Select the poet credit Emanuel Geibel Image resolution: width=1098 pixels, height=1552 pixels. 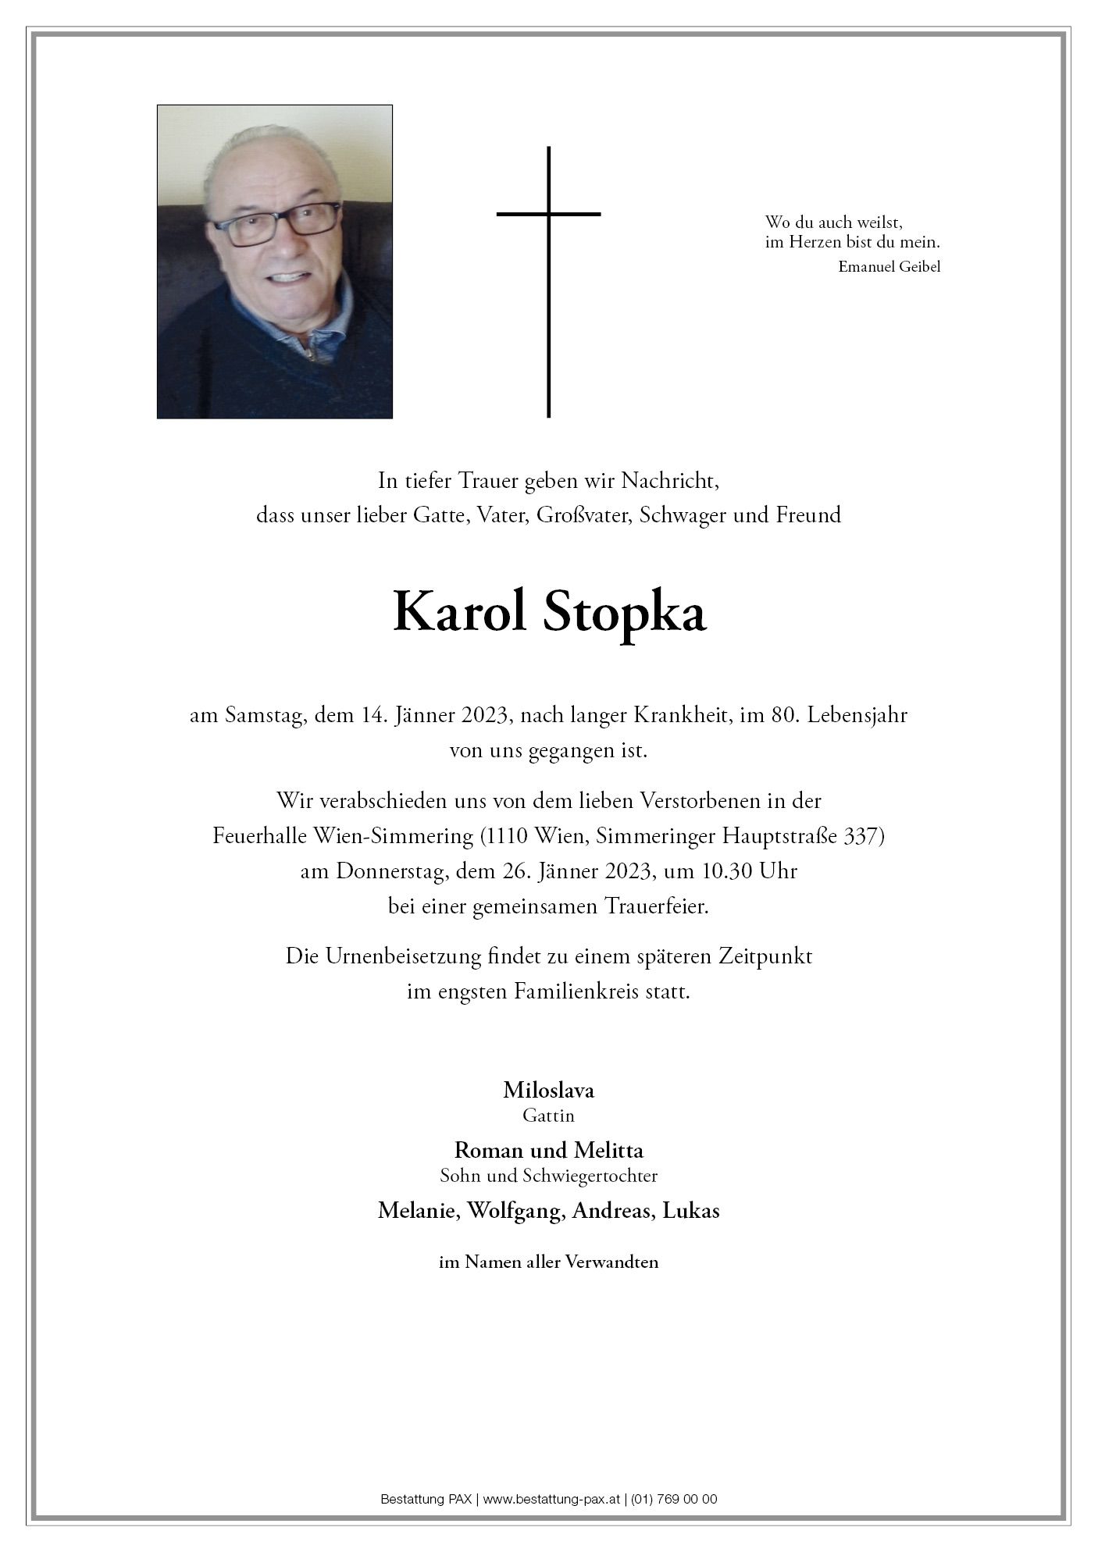[x=889, y=267]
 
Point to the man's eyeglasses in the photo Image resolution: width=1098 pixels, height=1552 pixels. [x=277, y=222]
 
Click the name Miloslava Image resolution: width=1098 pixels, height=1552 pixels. [x=548, y=1089]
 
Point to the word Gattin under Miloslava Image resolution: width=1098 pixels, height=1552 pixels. [x=548, y=1116]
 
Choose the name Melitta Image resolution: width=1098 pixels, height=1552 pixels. [x=608, y=1150]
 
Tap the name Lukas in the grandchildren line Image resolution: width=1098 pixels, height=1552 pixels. [x=690, y=1211]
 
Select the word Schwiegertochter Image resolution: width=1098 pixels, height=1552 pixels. [x=597, y=1176]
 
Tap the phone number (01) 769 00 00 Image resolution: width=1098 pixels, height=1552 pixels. [x=675, y=1499]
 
